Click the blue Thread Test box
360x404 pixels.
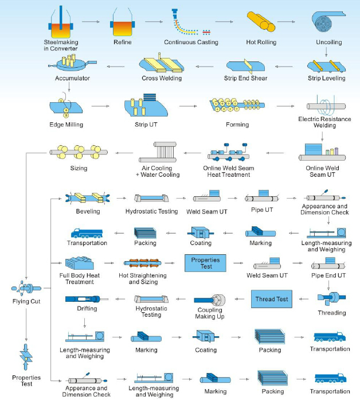click(272, 299)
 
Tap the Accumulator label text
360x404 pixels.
click(72, 78)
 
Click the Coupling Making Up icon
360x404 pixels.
click(212, 301)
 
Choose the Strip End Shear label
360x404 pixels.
click(245, 78)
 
